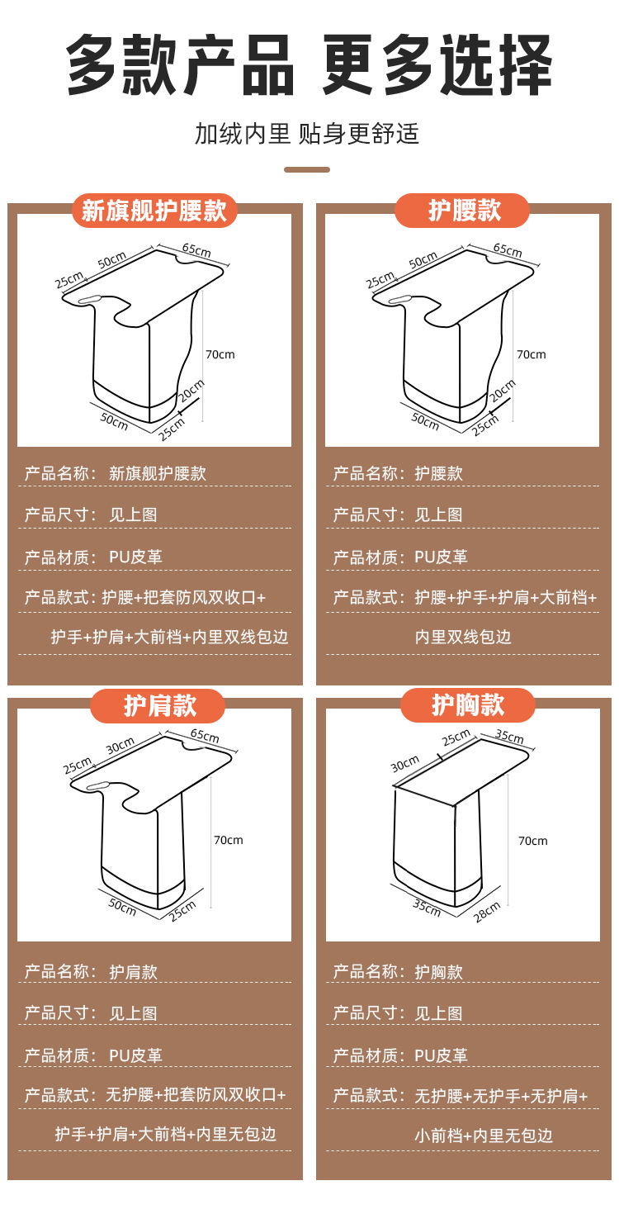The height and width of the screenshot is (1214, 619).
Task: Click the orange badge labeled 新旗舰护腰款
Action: pyautogui.click(x=154, y=211)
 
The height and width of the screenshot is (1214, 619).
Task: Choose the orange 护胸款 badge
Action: pyautogui.click(x=467, y=705)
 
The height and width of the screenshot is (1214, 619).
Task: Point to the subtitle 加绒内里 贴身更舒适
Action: pyautogui.click(x=307, y=134)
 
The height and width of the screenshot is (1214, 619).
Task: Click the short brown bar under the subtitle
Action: pyautogui.click(x=307, y=169)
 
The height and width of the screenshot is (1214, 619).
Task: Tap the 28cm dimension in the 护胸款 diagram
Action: pyautogui.click(x=487, y=909)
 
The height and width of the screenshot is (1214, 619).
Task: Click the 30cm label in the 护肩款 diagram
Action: pyautogui.click(x=120, y=746)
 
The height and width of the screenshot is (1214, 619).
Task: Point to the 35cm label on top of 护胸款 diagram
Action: pyautogui.click(x=509, y=736)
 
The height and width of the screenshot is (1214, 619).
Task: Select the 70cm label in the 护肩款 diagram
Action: pyautogui.click(x=229, y=840)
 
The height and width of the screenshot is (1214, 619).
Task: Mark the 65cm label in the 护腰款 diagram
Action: pyautogui.click(x=507, y=249)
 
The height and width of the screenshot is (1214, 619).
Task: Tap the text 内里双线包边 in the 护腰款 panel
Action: pyautogui.click(x=463, y=637)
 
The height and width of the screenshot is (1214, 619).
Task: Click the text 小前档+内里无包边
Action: pyautogui.click(x=483, y=1136)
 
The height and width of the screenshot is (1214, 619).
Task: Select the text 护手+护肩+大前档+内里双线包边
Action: pyautogui.click(x=169, y=637)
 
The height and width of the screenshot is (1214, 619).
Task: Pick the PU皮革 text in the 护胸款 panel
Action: pyautogui.click(x=441, y=1055)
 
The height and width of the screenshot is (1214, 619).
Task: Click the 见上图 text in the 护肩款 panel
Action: pyautogui.click(x=133, y=1013)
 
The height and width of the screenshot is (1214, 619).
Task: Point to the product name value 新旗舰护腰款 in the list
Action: pyautogui.click(x=158, y=473)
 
